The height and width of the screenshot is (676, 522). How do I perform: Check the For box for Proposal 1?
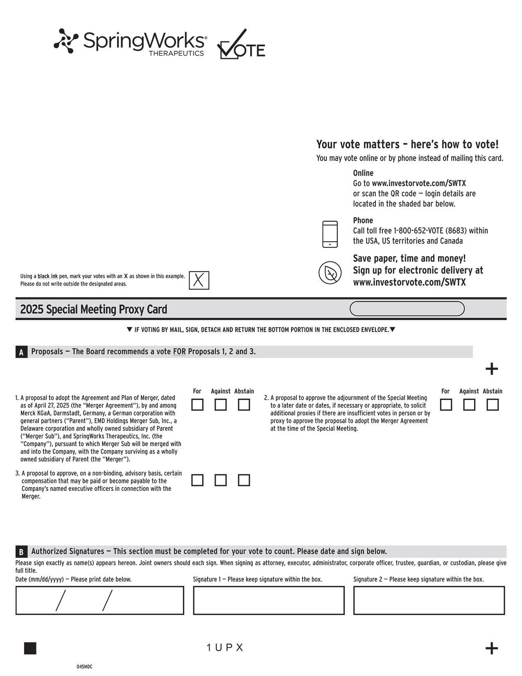[197, 405]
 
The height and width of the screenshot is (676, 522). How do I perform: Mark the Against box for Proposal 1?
[221, 405]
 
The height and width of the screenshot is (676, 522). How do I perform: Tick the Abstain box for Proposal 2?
[493, 405]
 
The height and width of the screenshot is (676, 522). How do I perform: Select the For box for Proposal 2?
[446, 405]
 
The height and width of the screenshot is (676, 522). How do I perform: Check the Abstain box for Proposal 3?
[244, 480]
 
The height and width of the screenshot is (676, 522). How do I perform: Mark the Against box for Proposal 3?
[221, 480]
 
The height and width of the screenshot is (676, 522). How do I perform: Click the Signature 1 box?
[269, 600]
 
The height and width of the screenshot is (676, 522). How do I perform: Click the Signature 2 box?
[429, 600]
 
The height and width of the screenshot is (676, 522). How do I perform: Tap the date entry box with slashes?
[99, 600]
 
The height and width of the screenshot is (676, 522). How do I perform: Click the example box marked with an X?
[199, 281]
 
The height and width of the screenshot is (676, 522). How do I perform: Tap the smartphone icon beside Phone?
[330, 234]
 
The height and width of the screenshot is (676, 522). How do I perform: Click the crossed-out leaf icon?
[330, 272]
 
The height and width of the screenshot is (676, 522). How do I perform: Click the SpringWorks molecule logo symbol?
[66, 41]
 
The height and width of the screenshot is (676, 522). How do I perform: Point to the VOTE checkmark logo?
[241, 45]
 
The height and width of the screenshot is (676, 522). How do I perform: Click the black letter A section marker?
[21, 352]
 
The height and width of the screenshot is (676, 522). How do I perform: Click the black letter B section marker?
[21, 551]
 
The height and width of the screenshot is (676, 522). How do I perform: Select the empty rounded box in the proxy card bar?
[407, 309]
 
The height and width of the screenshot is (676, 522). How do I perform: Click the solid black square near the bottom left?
[30, 648]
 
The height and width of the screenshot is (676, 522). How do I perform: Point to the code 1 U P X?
[225, 647]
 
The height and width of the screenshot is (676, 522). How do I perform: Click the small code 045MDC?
[84, 667]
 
